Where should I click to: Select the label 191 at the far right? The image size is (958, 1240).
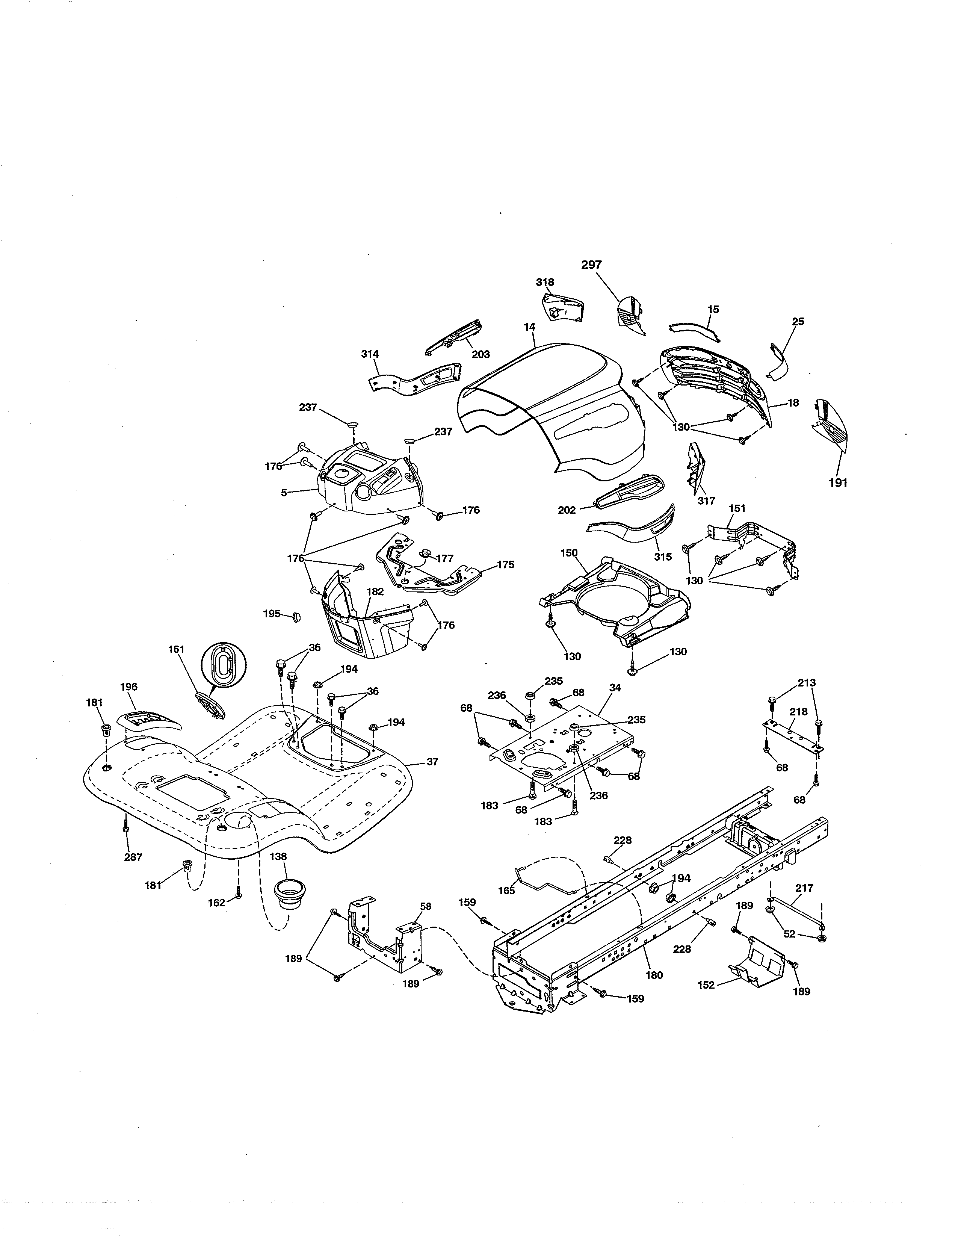click(x=838, y=483)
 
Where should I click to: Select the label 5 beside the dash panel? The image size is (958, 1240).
click(x=284, y=493)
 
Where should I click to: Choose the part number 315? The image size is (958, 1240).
click(x=662, y=557)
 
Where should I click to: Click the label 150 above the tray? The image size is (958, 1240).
click(x=569, y=553)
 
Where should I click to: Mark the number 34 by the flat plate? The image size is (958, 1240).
click(x=615, y=688)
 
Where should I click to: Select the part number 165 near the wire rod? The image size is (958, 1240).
click(x=506, y=891)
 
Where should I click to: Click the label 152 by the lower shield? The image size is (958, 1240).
click(x=706, y=986)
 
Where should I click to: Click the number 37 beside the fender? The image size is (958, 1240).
click(x=432, y=762)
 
